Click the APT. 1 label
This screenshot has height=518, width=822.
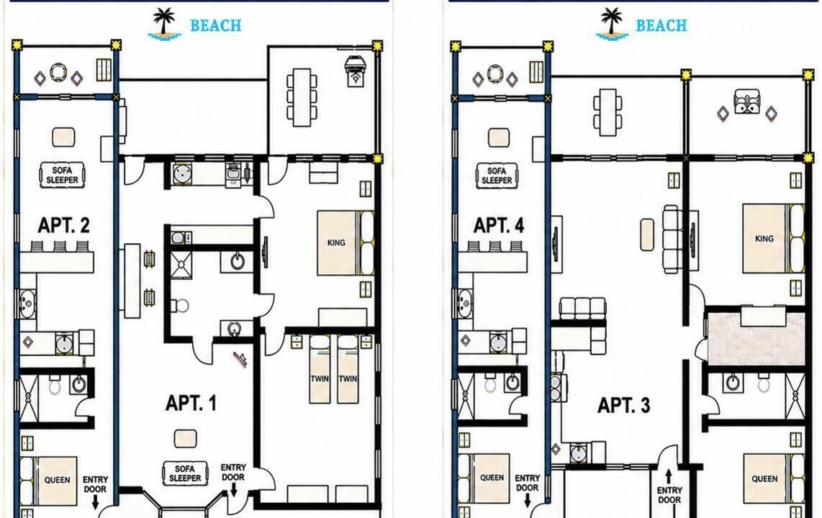(191, 403)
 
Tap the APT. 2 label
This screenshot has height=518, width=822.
(63, 225)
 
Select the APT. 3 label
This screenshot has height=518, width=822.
(624, 405)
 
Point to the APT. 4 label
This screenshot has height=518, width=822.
(499, 225)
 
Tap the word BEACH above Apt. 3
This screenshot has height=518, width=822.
(661, 25)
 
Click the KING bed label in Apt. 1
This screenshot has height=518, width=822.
(336, 242)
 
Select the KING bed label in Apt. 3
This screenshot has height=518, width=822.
(764, 238)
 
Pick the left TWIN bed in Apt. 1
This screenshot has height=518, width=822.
(320, 370)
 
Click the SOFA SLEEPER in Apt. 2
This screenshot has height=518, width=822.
(63, 175)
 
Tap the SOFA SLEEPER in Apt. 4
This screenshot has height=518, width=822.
(497, 176)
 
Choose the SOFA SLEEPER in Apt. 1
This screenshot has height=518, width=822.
(185, 473)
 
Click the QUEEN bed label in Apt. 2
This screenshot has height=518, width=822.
(57, 480)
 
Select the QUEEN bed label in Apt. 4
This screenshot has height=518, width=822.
(492, 478)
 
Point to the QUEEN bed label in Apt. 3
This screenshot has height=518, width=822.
(765, 478)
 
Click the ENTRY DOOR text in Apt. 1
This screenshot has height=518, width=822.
(233, 473)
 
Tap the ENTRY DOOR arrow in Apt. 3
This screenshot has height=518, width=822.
(669, 477)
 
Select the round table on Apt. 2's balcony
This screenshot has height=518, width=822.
(58, 73)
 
